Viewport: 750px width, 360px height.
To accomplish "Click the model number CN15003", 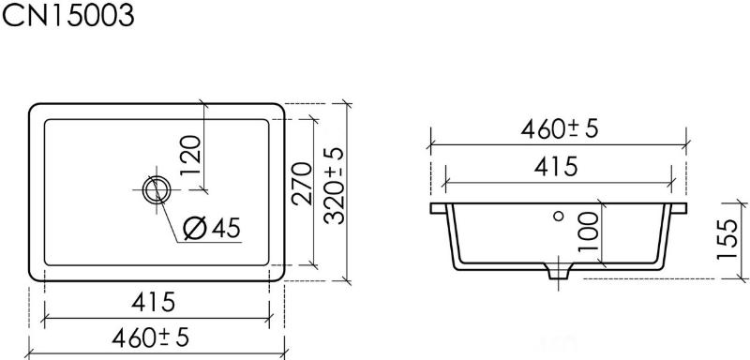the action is tap(67, 14).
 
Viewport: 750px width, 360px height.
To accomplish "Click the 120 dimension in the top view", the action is tap(191, 156).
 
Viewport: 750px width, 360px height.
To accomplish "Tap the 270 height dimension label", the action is tap(302, 183).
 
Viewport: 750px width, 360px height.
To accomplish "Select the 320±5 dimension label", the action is tap(334, 186).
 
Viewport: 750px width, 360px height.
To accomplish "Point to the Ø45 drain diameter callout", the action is tap(213, 228).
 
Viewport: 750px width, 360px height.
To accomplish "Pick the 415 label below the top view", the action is tap(154, 302).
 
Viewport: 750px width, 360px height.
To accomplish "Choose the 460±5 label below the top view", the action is tap(151, 338).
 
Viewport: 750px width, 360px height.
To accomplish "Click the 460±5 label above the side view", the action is tap(560, 128).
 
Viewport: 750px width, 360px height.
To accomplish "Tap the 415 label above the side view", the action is tap(556, 167).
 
